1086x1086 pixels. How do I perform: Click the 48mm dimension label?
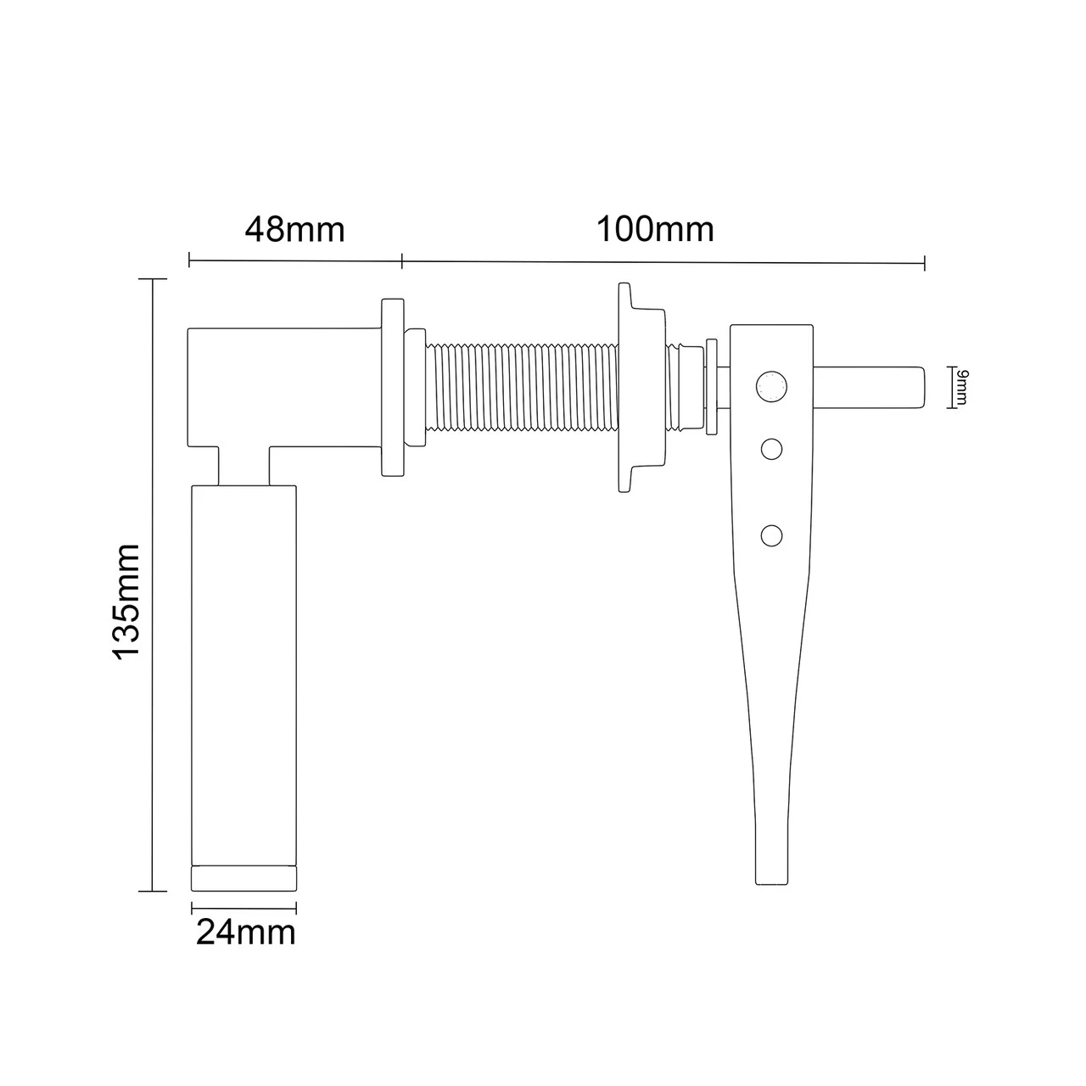click(295, 230)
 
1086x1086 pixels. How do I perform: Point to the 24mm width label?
click(246, 933)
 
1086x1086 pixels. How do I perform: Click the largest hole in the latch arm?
click(770, 387)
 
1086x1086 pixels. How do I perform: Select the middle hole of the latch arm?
click(771, 449)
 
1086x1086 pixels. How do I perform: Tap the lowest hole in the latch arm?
click(771, 535)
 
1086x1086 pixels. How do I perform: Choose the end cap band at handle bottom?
click(244, 877)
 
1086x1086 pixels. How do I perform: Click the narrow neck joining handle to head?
click(244, 467)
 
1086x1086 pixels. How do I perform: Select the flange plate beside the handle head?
click(391, 387)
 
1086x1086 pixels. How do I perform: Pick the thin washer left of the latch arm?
click(712, 387)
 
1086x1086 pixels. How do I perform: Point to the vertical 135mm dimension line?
click(153, 585)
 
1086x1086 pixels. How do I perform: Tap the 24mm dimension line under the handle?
click(244, 906)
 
